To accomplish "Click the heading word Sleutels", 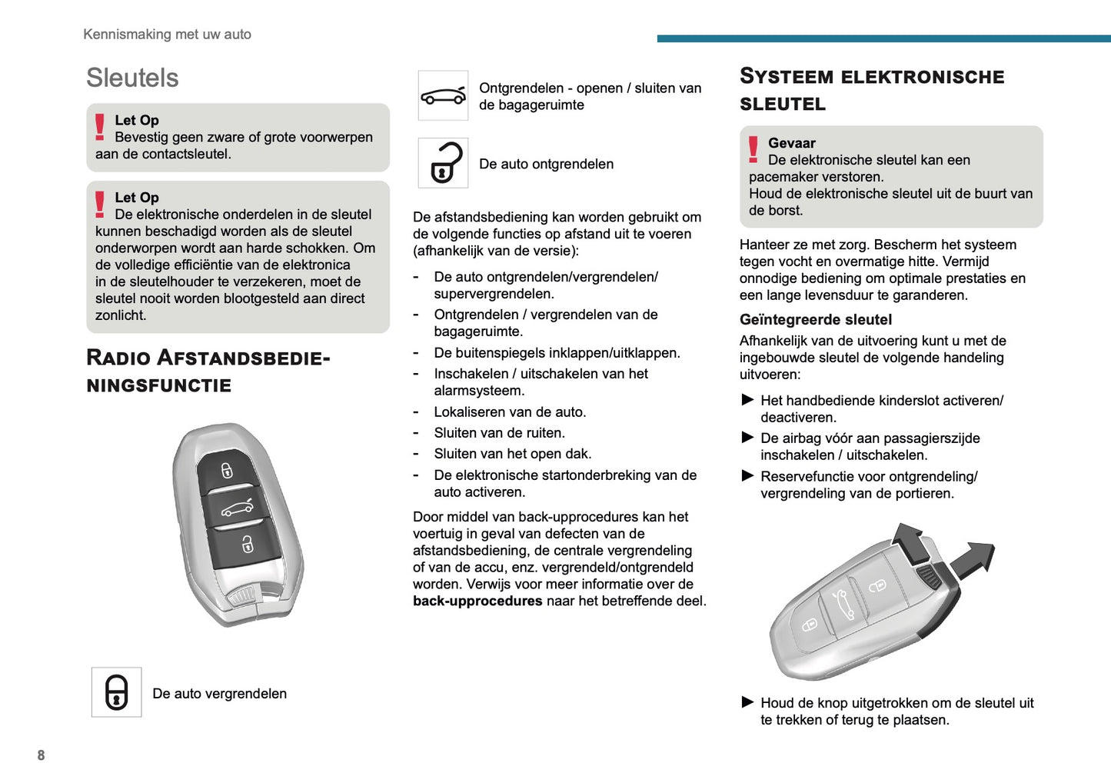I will tap(132, 78).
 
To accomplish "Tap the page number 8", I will tap(41, 755).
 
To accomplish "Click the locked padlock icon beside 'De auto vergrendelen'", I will tap(116, 692).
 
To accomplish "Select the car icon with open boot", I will tap(443, 96).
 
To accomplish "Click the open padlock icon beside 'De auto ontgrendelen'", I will tap(444, 163).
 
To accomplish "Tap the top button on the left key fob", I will tap(226, 470).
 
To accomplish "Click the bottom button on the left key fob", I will tap(247, 544).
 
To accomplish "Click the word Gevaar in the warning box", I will tap(791, 143).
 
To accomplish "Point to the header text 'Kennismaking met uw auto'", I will tap(167, 34).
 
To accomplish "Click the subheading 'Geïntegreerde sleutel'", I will tap(815, 319).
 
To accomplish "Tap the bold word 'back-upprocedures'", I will tap(477, 601).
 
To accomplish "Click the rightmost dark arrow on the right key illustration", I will tap(974, 559).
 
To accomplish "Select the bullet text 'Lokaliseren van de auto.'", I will tap(510, 411).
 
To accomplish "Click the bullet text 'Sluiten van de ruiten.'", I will tap(499, 432).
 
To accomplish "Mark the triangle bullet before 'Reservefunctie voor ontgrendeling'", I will tap(747, 475).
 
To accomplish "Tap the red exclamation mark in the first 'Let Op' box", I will tap(100, 126).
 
